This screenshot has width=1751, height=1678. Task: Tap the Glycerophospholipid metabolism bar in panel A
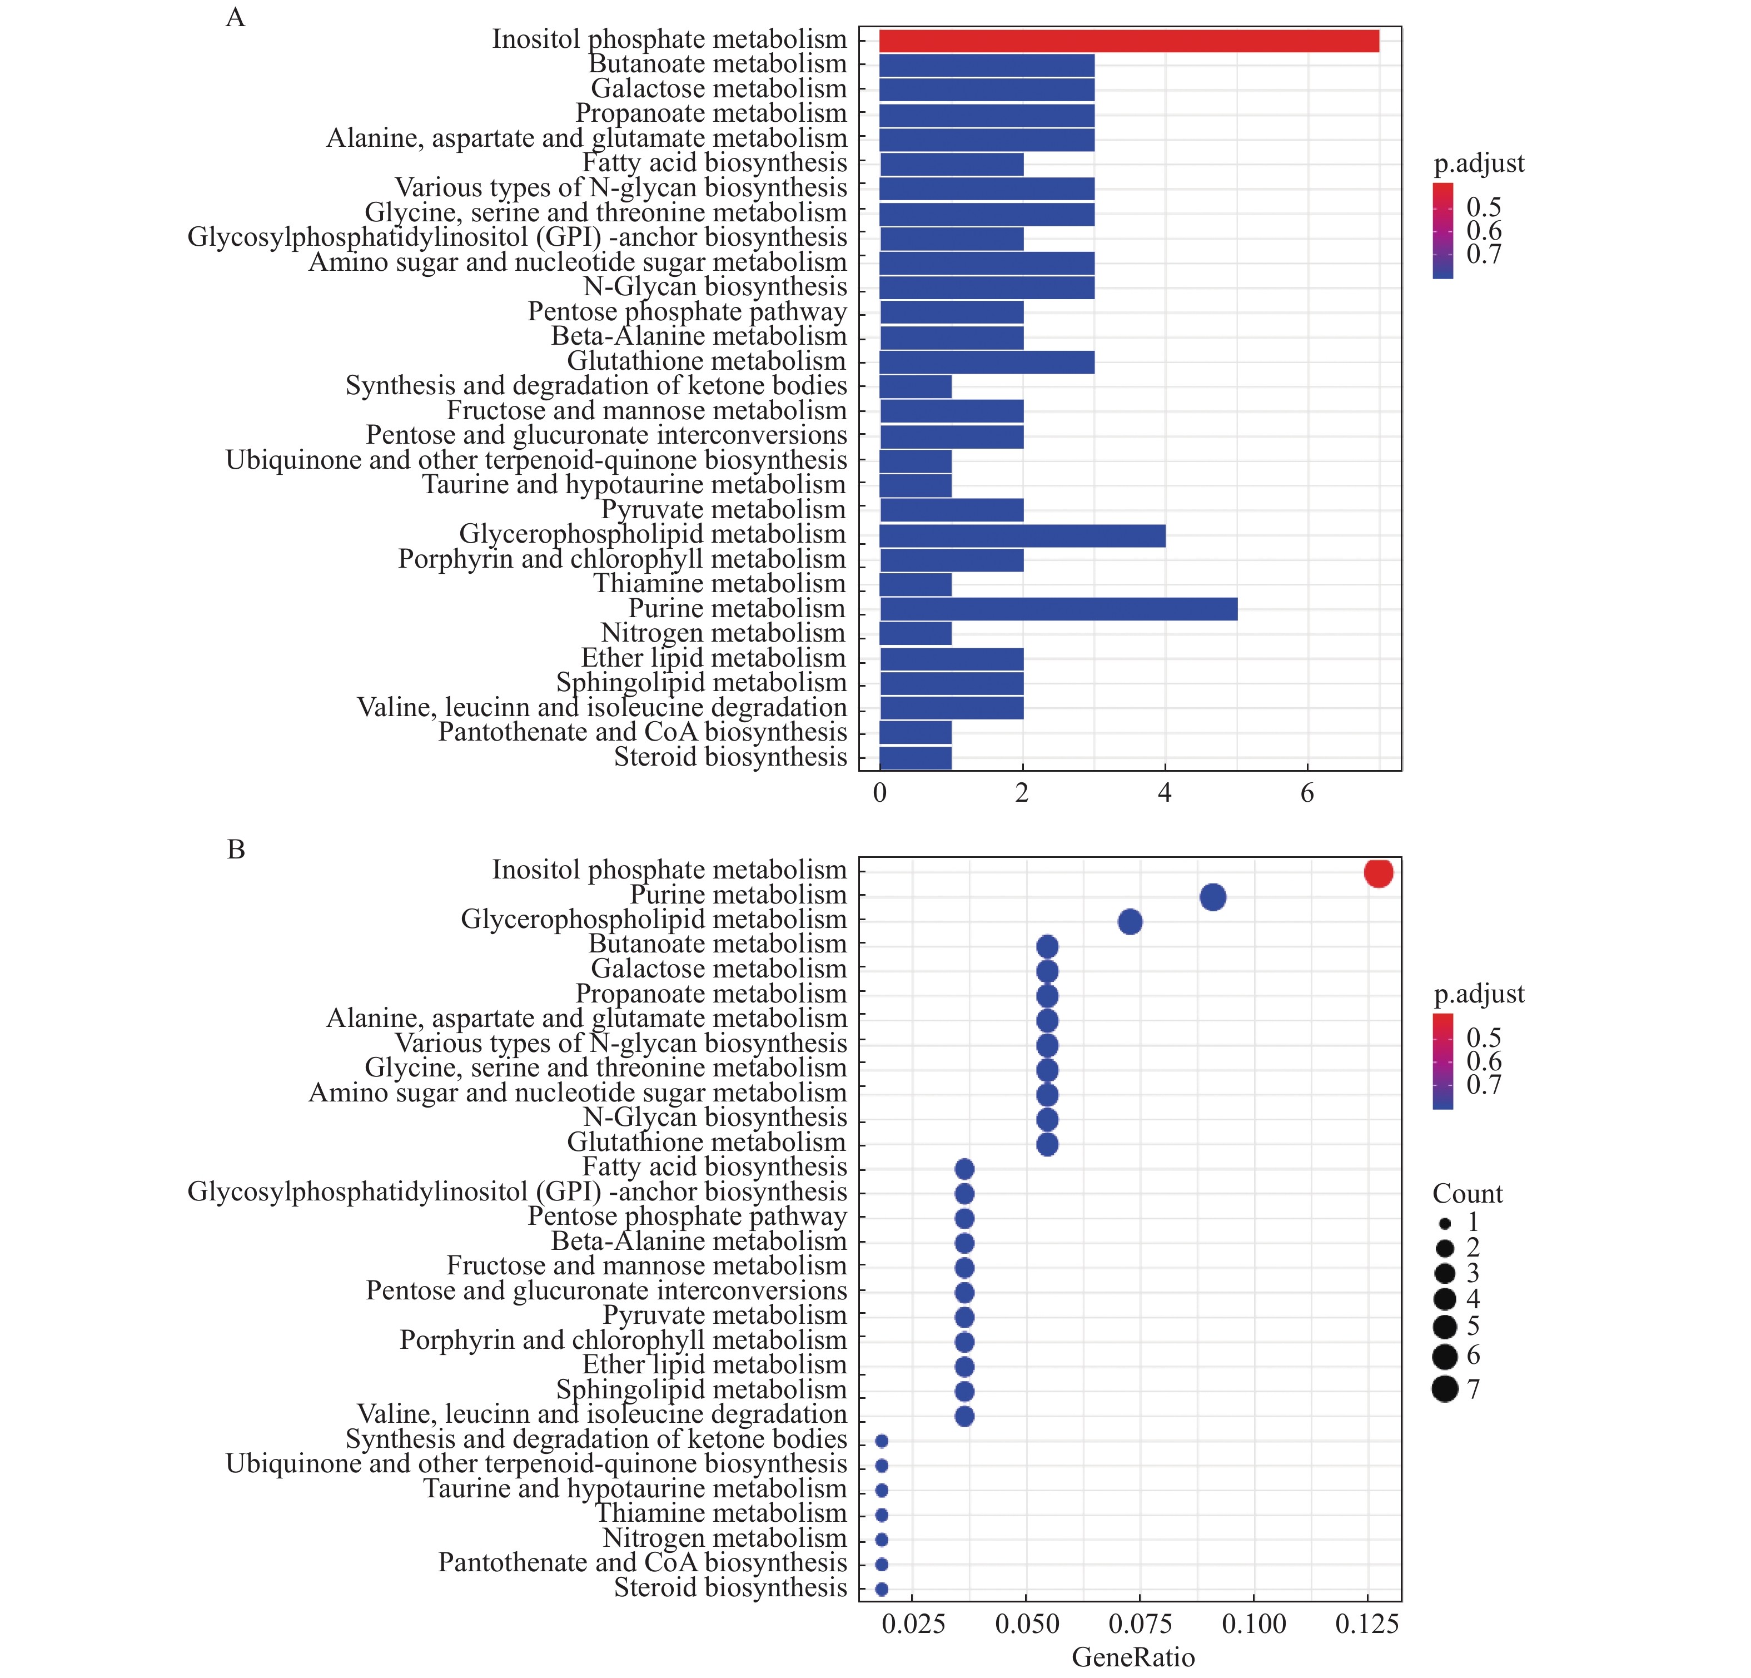pyautogui.click(x=1022, y=535)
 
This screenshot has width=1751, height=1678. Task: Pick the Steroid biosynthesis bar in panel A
pyautogui.click(x=916, y=758)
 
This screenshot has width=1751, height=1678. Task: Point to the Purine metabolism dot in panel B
pyautogui.click(x=1212, y=897)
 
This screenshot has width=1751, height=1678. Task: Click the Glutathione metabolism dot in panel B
pyautogui.click(x=1047, y=1145)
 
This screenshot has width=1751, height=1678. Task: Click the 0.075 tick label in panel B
pyautogui.click(x=1140, y=1625)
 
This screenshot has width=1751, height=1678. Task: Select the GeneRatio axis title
pyautogui.click(x=1133, y=1659)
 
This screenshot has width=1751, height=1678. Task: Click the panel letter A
pyautogui.click(x=235, y=18)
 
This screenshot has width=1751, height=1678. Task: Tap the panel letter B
pyautogui.click(x=236, y=850)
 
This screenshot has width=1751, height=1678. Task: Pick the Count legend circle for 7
pyautogui.click(x=1445, y=1389)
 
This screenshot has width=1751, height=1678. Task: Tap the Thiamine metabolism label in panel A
pyautogui.click(x=719, y=584)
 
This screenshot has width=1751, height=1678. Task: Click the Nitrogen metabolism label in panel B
pyautogui.click(x=724, y=1538)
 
